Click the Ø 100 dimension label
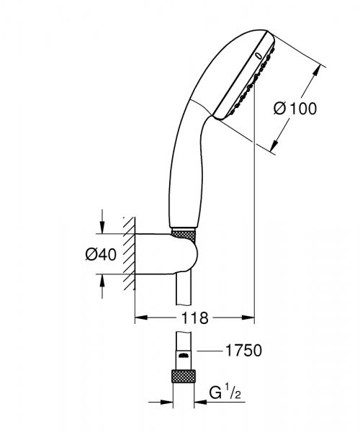pos(296,109)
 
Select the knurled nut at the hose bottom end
pos(184,377)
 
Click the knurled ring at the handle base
pos(184,235)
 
